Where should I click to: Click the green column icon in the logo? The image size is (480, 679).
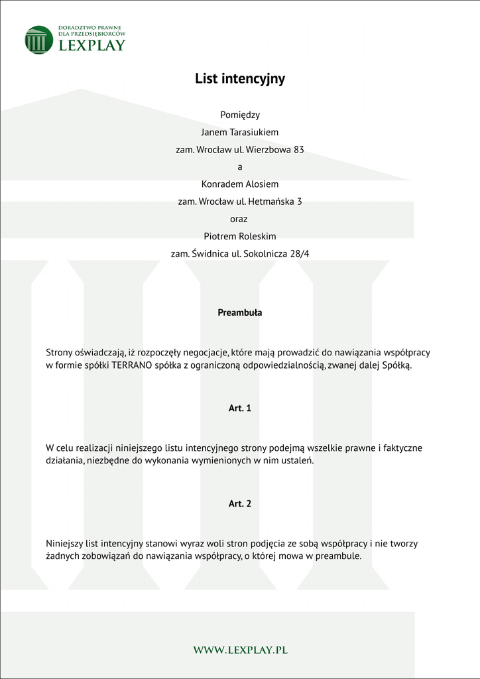[38, 40]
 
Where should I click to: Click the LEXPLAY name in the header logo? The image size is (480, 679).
[91, 46]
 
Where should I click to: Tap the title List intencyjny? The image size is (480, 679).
[240, 79]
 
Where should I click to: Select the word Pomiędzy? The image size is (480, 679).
[240, 115]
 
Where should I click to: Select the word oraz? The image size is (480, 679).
[240, 218]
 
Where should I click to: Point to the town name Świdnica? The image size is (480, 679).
[213, 253]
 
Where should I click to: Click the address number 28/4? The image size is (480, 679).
[300, 253]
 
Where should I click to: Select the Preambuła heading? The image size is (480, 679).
[240, 312]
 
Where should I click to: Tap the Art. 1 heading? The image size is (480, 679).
[240, 408]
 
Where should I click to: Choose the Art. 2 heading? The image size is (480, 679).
[240, 504]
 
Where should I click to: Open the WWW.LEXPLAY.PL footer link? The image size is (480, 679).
[240, 650]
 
